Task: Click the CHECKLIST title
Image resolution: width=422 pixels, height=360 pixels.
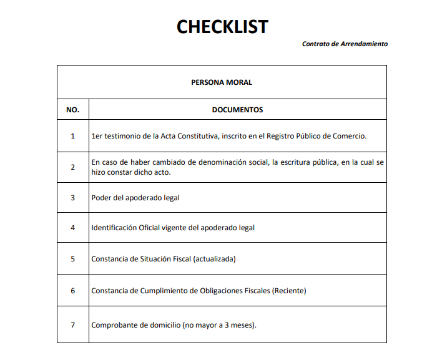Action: [222, 27]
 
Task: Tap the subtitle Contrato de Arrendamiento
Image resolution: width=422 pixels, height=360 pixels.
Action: [345, 44]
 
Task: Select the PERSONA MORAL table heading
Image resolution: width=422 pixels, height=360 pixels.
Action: [222, 82]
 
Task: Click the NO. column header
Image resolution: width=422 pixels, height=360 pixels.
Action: [72, 110]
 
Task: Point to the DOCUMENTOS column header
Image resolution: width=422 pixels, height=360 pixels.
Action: [237, 110]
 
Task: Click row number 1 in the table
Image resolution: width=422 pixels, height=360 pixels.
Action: [72, 135]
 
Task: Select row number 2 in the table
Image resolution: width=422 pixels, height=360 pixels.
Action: [72, 167]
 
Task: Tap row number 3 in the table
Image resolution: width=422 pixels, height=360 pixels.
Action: [72, 198]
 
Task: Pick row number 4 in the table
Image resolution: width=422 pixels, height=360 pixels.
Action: [72, 228]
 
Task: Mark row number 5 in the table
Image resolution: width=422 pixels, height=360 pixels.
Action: [72, 258]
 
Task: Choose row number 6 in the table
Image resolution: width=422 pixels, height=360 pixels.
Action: [72, 290]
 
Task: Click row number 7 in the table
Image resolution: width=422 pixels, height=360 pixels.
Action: [72, 325]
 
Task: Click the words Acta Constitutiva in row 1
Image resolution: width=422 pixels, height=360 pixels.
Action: [183, 135]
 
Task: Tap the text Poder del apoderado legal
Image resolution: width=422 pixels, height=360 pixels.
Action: [135, 198]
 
